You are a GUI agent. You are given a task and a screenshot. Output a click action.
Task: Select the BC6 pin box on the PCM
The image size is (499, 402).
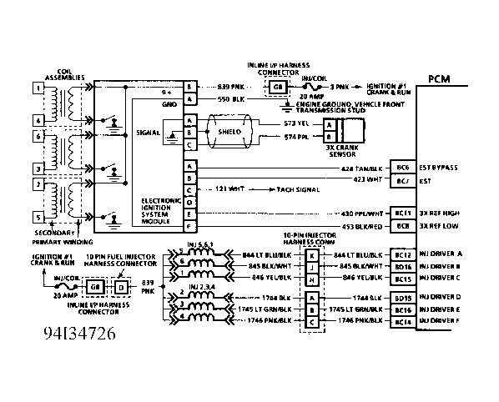(404, 168)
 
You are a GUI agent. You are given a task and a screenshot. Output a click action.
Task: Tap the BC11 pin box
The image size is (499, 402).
(404, 214)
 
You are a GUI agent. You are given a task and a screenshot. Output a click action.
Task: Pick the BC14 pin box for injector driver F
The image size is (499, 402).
(404, 321)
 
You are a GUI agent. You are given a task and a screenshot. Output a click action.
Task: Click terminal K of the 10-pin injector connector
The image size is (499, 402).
(310, 254)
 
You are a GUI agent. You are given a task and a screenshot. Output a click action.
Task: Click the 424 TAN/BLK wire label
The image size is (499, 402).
(363, 168)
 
